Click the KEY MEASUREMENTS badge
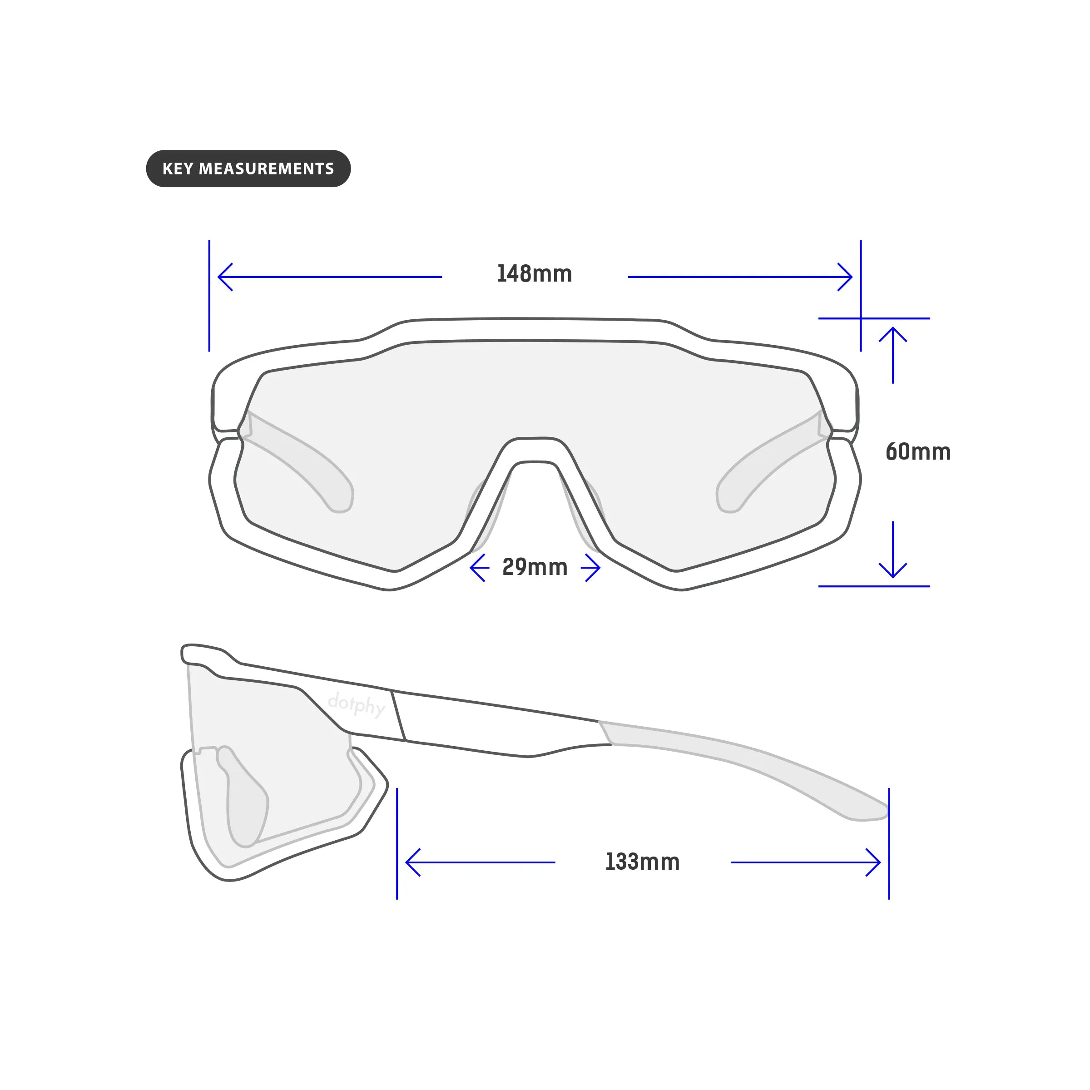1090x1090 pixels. click(x=248, y=168)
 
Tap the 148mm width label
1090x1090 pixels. click(x=534, y=274)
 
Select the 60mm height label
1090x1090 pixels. click(x=918, y=452)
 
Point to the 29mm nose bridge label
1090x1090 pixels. click(x=535, y=567)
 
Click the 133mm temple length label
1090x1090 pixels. click(x=642, y=862)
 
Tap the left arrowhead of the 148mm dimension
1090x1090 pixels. click(x=226, y=277)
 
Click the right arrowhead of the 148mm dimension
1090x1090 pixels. click(x=845, y=277)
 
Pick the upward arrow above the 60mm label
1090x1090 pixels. click(x=892, y=356)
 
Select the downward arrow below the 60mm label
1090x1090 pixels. click(x=892, y=550)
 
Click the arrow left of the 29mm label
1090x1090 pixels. click(x=480, y=568)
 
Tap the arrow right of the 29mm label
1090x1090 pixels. click(x=591, y=568)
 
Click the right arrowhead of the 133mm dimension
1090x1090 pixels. click(x=873, y=862)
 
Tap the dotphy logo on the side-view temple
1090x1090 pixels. click(x=357, y=704)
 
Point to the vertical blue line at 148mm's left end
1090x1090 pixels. click(x=209, y=296)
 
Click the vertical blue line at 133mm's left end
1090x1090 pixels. click(x=397, y=843)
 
